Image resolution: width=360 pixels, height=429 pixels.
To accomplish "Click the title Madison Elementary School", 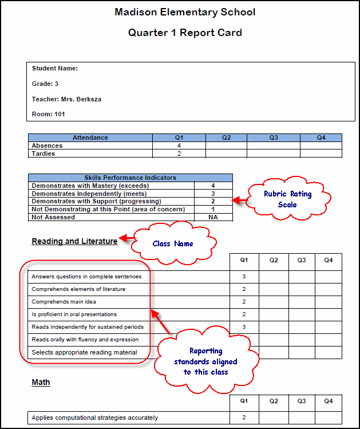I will pyautogui.click(x=185, y=12).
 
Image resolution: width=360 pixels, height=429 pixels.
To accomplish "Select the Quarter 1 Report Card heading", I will pyautogui.click(x=185, y=33).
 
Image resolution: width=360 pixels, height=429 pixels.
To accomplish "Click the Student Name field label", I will pyautogui.click(x=55, y=69).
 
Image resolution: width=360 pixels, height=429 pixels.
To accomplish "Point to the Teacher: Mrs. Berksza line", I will pyautogui.click(x=67, y=99).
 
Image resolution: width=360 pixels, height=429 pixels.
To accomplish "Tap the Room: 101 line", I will pyautogui.click(x=49, y=114).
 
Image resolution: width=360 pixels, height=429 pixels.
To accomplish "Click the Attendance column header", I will pyautogui.click(x=90, y=137).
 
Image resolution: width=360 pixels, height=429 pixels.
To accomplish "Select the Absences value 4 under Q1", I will pyautogui.click(x=179, y=145).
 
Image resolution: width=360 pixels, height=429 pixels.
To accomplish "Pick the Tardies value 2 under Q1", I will pyautogui.click(x=179, y=154).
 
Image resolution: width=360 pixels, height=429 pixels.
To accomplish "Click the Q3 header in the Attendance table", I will pyautogui.click(x=274, y=137).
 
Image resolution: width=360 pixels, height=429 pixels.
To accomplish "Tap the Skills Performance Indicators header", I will pyautogui.click(x=130, y=178).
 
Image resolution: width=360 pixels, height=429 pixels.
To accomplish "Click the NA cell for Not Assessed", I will pyautogui.click(x=213, y=217).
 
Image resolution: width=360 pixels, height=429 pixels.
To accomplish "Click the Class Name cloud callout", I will pyautogui.click(x=173, y=243).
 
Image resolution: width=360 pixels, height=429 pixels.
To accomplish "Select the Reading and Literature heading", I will pyautogui.click(x=74, y=241).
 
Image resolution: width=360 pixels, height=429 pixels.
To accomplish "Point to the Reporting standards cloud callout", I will pyautogui.click(x=206, y=361).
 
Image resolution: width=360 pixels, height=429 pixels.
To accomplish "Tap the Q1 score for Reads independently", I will pyautogui.click(x=244, y=327).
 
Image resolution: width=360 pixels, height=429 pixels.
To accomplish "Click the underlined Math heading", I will pyautogui.click(x=41, y=382).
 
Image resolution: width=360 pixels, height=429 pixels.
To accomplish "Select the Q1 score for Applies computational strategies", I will pyautogui.click(x=244, y=418).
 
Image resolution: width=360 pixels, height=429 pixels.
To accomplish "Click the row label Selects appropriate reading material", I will pyautogui.click(x=84, y=352).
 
